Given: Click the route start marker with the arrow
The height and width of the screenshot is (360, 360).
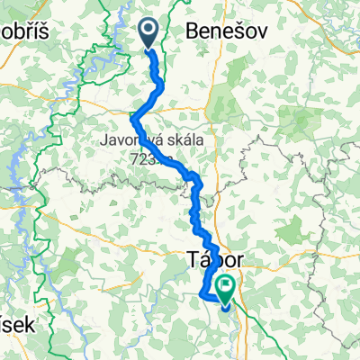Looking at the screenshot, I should point(148,34).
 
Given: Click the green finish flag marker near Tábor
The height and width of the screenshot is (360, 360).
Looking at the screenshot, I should point(223,288).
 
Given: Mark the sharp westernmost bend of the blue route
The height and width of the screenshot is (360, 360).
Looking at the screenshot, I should point(133,118).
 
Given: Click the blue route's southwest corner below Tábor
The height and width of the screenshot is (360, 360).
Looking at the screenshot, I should point(201,292).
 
